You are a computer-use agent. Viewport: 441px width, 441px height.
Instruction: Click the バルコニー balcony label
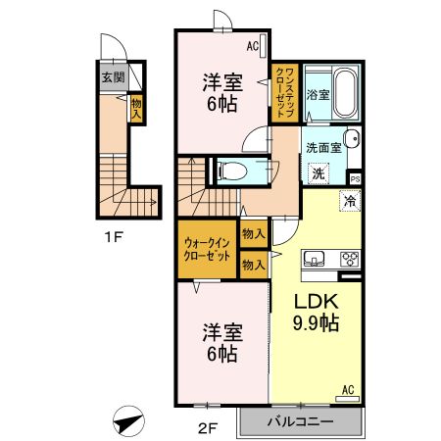tap(301, 422)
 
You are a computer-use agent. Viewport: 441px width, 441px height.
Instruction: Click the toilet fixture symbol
tap(233, 171)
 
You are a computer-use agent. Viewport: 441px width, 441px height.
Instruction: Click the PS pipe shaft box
tap(355, 179)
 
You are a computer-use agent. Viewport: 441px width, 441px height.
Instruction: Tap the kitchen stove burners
tap(350, 260)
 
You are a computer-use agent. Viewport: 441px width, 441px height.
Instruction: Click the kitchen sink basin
tap(316, 260)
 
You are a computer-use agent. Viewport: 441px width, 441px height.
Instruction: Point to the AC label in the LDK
tap(347, 391)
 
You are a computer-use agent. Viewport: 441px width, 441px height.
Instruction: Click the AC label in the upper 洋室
tap(252, 45)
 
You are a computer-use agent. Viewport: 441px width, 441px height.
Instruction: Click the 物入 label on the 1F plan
tap(136, 107)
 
